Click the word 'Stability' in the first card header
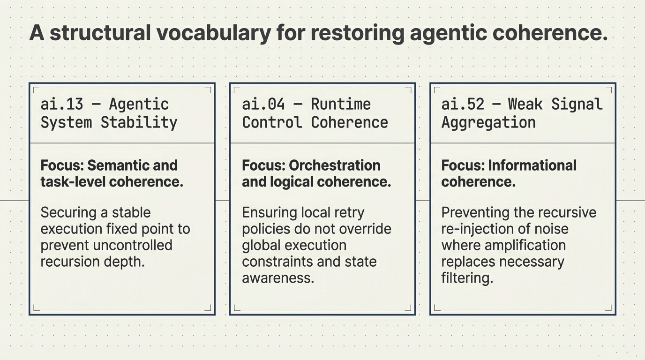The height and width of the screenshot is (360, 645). click(x=139, y=122)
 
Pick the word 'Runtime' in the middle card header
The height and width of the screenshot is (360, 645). click(x=341, y=104)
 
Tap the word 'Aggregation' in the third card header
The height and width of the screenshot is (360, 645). click(x=488, y=122)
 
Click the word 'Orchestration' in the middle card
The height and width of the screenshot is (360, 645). click(x=335, y=165)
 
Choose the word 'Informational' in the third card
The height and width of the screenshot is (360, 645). click(x=532, y=165)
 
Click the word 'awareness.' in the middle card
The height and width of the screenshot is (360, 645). click(x=278, y=278)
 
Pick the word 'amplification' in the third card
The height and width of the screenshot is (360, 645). click(x=525, y=245)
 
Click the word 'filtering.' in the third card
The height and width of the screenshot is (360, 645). click(x=467, y=278)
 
